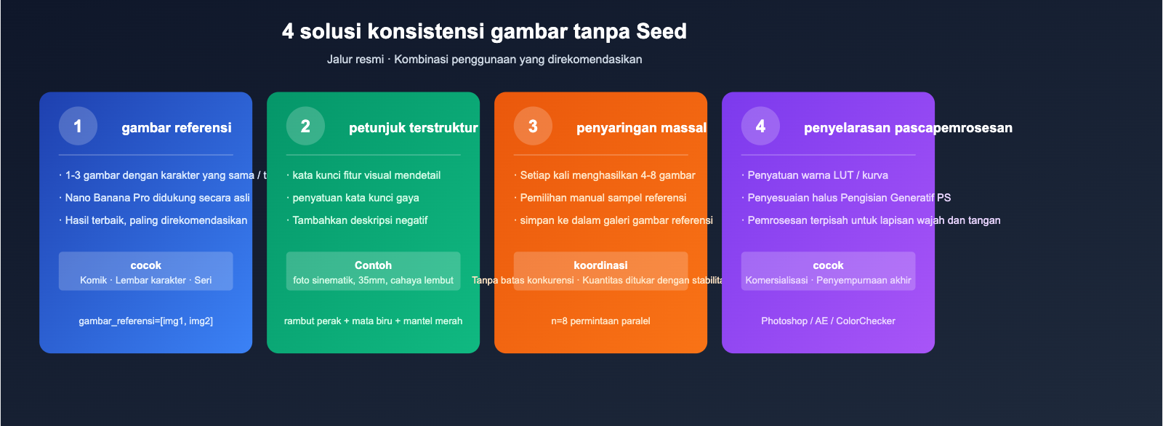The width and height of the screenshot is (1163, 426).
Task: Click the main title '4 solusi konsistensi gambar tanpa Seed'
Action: click(x=484, y=31)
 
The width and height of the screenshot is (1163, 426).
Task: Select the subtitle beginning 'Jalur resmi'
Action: click(x=484, y=59)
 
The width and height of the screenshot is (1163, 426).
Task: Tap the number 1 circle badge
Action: click(x=78, y=126)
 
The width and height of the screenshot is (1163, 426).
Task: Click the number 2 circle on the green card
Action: click(x=305, y=126)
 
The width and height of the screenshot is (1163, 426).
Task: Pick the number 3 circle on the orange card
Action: click(x=533, y=126)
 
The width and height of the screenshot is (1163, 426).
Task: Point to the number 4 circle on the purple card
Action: click(x=760, y=126)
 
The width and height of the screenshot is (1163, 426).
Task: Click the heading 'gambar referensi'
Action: click(x=177, y=128)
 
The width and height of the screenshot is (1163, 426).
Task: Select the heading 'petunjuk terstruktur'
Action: click(x=413, y=128)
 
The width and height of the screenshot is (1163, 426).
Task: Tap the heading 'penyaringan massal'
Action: click(x=641, y=128)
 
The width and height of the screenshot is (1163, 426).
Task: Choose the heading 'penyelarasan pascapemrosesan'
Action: click(x=908, y=128)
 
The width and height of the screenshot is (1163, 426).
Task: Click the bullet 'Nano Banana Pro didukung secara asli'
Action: click(x=157, y=198)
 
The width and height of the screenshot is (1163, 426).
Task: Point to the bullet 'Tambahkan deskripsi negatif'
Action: click(x=360, y=220)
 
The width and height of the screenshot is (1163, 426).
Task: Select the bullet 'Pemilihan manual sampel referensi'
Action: click(x=603, y=198)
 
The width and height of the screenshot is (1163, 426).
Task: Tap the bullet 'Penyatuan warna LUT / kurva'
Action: click(x=817, y=175)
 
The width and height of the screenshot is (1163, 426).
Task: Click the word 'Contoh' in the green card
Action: click(x=373, y=265)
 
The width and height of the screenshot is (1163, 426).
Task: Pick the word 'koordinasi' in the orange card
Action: click(x=600, y=265)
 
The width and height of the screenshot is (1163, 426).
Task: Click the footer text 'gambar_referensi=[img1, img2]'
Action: click(x=145, y=321)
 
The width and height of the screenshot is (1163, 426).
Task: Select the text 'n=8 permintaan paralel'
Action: click(x=600, y=321)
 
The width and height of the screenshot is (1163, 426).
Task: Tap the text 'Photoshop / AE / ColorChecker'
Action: click(x=828, y=321)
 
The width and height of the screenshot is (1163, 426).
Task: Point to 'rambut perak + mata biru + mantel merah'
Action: click(x=373, y=321)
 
